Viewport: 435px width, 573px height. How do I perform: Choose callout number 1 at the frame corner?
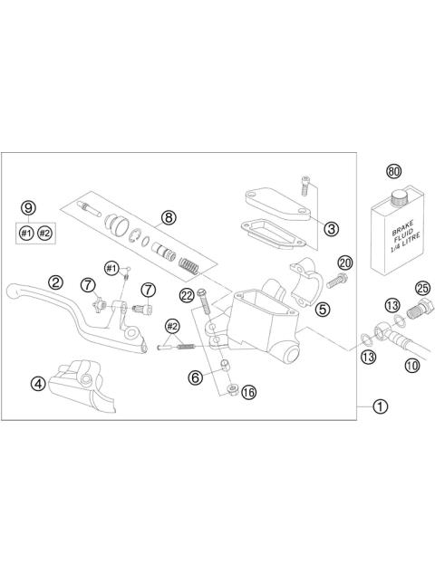(380, 407)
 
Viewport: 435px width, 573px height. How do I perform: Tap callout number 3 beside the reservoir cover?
(332, 229)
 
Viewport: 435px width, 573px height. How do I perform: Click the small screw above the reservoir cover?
(306, 188)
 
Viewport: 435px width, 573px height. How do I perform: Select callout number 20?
(343, 263)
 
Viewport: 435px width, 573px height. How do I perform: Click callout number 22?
(187, 294)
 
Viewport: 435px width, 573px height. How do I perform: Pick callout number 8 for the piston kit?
(169, 216)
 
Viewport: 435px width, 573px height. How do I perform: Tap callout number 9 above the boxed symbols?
(28, 207)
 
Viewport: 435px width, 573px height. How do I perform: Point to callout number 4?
(37, 383)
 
